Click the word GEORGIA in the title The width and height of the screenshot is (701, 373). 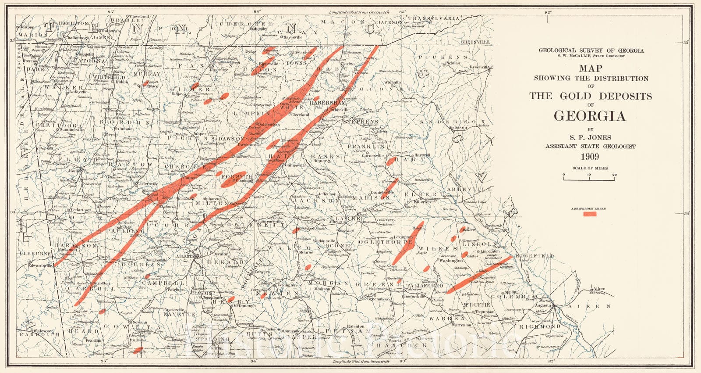[x=590, y=116]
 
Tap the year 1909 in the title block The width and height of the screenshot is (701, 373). [x=590, y=157]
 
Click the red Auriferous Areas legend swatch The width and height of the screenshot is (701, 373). [x=591, y=214]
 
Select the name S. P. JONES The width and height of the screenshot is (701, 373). [x=590, y=137]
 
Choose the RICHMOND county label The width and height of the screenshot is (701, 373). [x=539, y=327]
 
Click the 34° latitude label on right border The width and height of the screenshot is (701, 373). [x=687, y=214]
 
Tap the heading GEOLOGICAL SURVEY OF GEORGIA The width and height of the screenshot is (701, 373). [x=591, y=50]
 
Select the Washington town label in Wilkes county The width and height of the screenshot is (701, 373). [x=451, y=261]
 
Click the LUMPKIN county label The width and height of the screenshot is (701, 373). [x=248, y=113]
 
